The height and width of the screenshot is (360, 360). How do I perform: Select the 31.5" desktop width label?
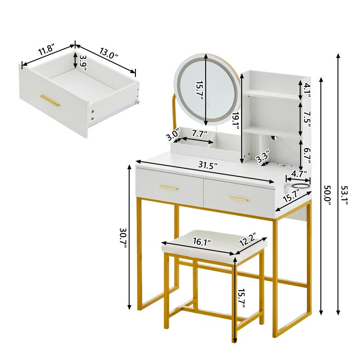point(208,165)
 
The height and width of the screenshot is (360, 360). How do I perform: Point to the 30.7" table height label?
point(123,238)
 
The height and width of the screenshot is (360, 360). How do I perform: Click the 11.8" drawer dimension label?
point(46,50)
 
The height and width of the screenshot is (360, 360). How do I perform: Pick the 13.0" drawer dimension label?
point(109,53)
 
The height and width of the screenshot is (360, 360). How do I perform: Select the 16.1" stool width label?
point(202,241)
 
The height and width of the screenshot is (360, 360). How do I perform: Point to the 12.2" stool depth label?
point(247,239)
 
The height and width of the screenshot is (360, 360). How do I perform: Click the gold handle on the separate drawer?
point(49,100)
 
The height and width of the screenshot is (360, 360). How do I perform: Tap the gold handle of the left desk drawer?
point(168,188)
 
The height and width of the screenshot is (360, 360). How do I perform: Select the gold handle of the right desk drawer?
point(238,199)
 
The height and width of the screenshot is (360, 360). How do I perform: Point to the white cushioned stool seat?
point(215,243)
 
